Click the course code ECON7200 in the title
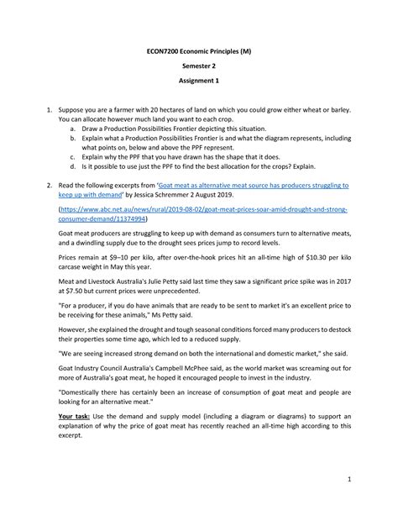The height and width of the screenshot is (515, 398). (x=164, y=51)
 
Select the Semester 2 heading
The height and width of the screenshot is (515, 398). (x=199, y=74)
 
